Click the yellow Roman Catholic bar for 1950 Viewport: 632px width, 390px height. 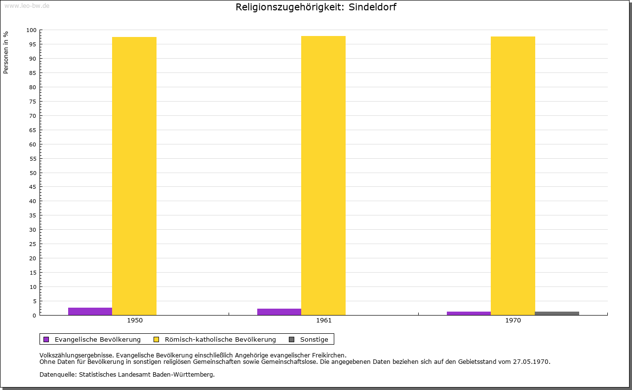coord(134,176)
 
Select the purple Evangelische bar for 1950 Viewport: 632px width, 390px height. coord(90,312)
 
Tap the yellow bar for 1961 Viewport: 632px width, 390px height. coord(323,176)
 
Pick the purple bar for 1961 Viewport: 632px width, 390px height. coord(279,312)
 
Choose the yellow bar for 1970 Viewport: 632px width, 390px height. coord(513,176)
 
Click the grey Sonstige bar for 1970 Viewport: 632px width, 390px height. coord(557,314)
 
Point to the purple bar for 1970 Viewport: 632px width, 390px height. coord(469,314)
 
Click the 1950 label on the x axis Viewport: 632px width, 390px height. coord(135,320)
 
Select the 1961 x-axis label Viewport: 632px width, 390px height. coord(324,320)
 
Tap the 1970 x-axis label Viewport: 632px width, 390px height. coord(513,320)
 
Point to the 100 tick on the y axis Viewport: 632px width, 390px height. coord(32,30)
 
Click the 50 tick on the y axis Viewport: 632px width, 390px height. coord(33,173)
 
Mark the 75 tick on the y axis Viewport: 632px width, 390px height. coord(33,102)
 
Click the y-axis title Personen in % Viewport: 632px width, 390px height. coord(6,52)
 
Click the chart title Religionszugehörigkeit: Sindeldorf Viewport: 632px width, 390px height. coord(316,7)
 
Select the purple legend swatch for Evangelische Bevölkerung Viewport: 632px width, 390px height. coord(46,339)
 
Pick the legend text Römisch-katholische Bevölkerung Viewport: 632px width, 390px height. coord(220,339)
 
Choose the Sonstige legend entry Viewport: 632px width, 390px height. coord(314,339)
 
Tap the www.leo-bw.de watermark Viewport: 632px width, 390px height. coord(27,5)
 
